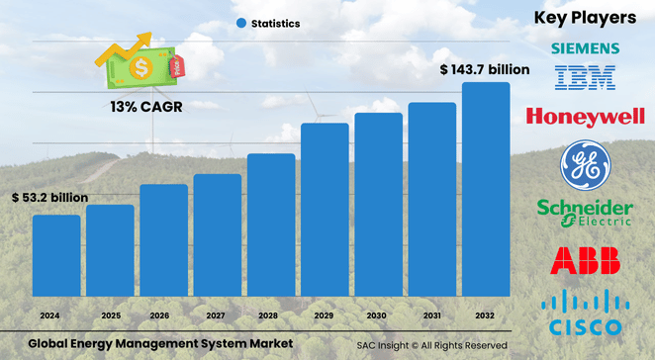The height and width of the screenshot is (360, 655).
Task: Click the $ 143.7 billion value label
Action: [485, 70]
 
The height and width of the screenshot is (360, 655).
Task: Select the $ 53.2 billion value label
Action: [50, 198]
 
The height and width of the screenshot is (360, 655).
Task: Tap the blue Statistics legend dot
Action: [241, 23]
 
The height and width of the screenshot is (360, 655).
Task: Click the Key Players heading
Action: [586, 17]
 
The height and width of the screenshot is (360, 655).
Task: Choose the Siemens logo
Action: [586, 48]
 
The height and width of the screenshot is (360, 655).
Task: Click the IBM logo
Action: [586, 78]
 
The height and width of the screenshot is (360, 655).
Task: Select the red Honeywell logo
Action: [586, 118]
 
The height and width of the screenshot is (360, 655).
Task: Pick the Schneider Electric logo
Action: [585, 212]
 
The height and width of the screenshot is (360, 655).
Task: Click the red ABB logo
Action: [586, 261]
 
